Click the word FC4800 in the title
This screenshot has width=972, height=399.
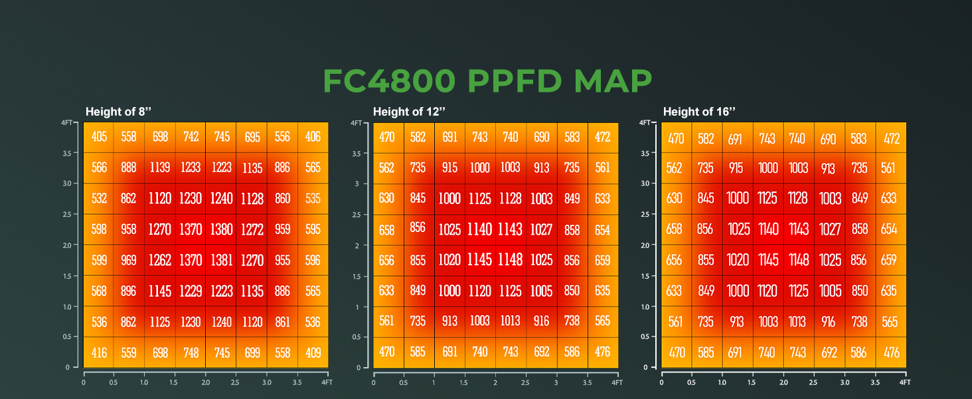389,81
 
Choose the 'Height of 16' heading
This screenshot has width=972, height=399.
700,112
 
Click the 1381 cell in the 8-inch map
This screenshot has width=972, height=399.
221,260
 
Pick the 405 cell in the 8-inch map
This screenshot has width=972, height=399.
99,137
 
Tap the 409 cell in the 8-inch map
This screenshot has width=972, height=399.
313,352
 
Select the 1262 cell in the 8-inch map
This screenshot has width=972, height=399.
160,260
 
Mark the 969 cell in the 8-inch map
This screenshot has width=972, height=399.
129,260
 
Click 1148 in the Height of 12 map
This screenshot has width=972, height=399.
511,260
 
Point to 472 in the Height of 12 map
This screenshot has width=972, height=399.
602,138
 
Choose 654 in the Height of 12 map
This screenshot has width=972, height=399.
602,230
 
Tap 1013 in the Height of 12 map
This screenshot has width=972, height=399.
511,321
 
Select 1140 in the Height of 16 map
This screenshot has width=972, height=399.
768,229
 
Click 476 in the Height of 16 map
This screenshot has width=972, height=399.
890,352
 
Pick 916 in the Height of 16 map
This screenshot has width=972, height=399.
829,321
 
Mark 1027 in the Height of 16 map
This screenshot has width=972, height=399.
829,229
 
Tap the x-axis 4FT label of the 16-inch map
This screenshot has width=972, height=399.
904,383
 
